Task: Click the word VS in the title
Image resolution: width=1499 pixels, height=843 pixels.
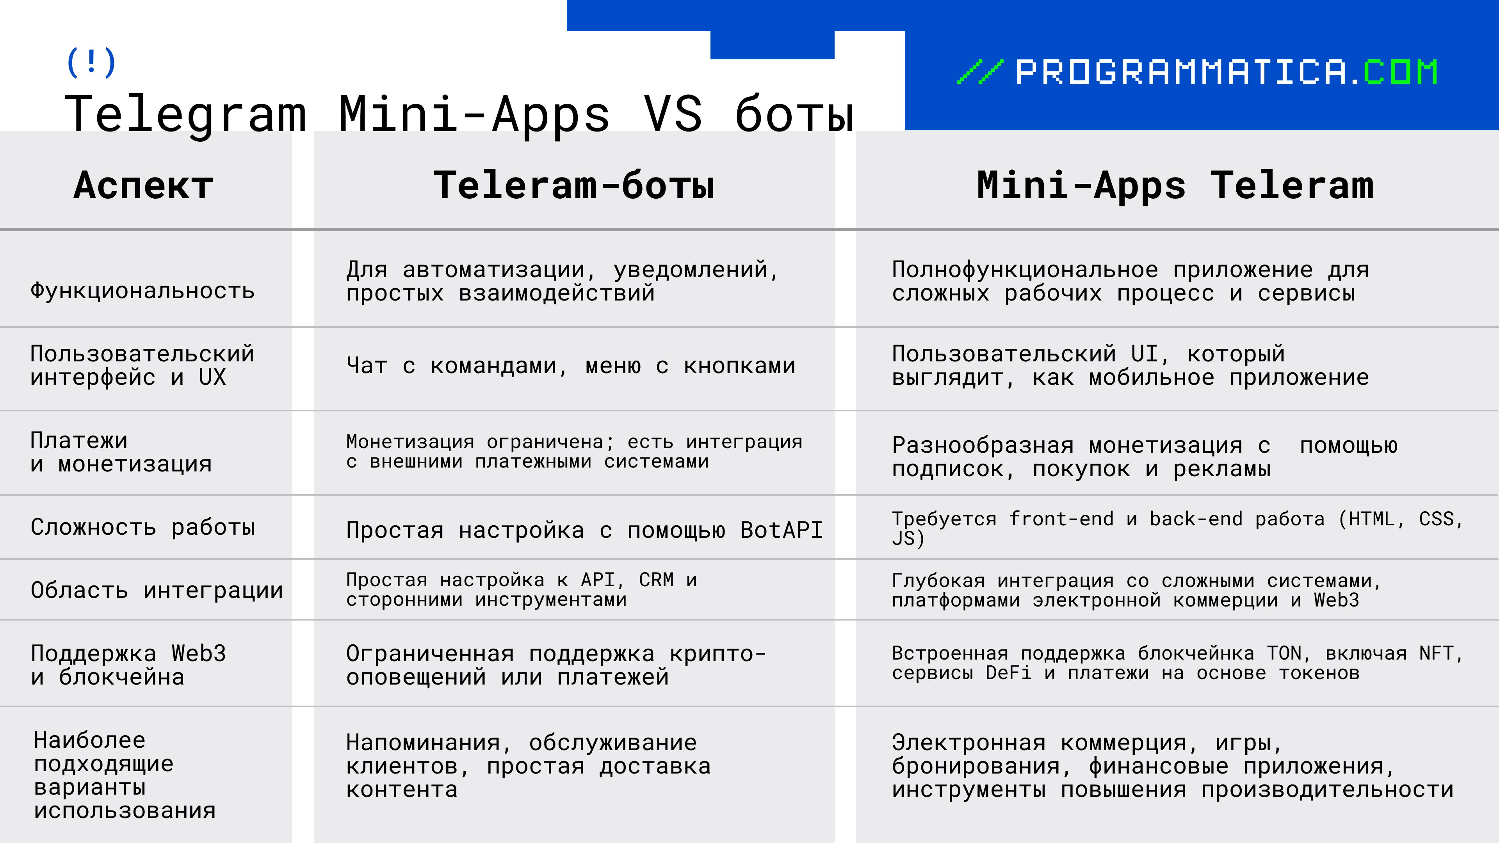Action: pyautogui.click(x=673, y=114)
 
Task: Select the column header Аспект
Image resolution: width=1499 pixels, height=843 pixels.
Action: pyautogui.click(x=143, y=186)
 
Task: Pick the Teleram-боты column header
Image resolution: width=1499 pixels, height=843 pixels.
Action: pyautogui.click(x=574, y=186)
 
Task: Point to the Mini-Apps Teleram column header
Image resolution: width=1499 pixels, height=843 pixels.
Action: pyautogui.click(x=1175, y=186)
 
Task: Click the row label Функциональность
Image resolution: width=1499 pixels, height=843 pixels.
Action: pyautogui.click(x=142, y=290)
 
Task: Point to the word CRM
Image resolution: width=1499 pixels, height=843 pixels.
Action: pyautogui.click(x=656, y=580)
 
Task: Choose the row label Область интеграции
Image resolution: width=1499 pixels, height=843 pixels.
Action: pyautogui.click(x=157, y=590)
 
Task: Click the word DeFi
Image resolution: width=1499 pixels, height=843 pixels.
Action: pyautogui.click(x=1008, y=673)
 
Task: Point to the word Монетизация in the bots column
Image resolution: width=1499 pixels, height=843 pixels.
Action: pyautogui.click(x=410, y=442)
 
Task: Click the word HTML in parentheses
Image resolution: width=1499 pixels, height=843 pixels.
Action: pyautogui.click(x=1371, y=519)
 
